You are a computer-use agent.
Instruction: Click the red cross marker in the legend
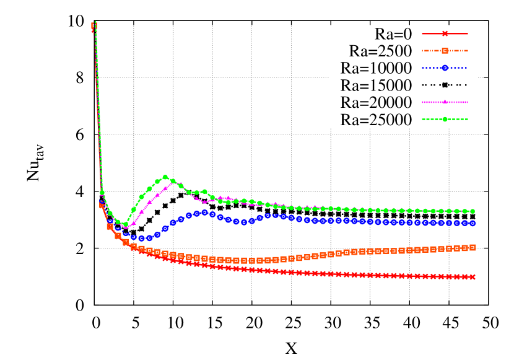(x=445, y=33)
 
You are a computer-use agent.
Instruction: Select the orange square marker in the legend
(x=445, y=51)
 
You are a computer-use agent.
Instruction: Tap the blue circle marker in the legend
(x=445, y=68)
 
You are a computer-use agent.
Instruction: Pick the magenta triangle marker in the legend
(x=445, y=102)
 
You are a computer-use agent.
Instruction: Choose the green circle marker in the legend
(x=445, y=119)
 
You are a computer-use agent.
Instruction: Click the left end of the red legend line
(x=422, y=33)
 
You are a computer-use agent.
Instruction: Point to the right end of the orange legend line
(x=468, y=51)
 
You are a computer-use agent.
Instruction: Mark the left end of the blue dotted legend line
(x=422, y=68)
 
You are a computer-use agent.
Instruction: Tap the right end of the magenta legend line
(x=468, y=102)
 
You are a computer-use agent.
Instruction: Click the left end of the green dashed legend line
(x=422, y=119)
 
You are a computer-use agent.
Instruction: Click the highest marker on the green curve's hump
(x=165, y=177)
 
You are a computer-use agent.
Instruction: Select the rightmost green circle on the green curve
(x=473, y=211)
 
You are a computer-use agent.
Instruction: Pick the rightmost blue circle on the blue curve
(x=473, y=223)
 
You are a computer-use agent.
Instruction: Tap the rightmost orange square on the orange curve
(x=473, y=247)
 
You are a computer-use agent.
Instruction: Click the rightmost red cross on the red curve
(x=473, y=277)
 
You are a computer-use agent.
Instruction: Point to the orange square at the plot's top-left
(x=94, y=27)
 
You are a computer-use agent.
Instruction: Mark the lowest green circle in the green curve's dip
(x=126, y=224)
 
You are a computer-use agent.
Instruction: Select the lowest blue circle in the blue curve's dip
(x=142, y=239)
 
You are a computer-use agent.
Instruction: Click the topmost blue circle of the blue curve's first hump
(x=204, y=212)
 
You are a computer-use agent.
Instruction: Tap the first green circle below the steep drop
(x=102, y=193)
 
